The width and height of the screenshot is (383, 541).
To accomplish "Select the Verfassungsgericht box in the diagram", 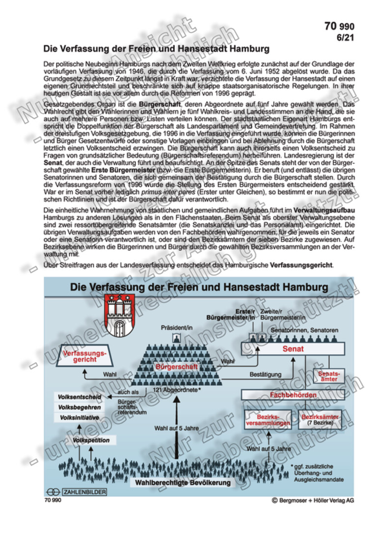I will click(85, 356).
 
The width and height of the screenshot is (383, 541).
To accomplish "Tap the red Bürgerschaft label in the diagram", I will click(177, 366).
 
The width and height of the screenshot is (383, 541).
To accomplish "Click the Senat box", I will click(293, 349).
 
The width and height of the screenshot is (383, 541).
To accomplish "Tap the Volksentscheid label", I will click(80, 397).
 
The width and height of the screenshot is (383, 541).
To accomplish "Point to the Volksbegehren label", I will click(80, 407).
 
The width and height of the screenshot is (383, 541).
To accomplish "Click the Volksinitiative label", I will click(80, 418).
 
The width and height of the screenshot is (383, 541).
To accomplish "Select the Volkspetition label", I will click(91, 440).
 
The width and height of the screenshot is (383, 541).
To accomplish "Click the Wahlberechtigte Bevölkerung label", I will click(183, 483).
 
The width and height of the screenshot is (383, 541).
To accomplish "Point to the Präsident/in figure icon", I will click(175, 337).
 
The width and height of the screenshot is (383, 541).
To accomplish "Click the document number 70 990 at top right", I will click(338, 27).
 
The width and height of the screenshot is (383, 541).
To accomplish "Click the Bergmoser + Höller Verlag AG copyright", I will click(312, 500).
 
